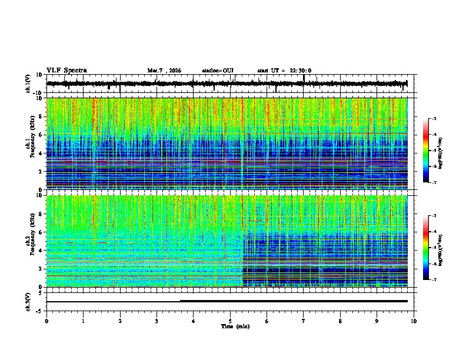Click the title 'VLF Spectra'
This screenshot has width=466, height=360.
pyautogui.click(x=66, y=71)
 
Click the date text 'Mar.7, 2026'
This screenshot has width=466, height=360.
pyautogui.click(x=164, y=71)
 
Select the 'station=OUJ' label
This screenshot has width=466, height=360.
pyautogui.click(x=218, y=71)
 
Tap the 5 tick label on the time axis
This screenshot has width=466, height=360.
pyautogui.click(x=230, y=321)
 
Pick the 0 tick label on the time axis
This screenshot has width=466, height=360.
pyautogui.click(x=46, y=321)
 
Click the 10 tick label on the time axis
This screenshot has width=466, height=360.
pyautogui.click(x=414, y=321)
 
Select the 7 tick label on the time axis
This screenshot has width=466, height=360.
pyautogui.click(x=304, y=321)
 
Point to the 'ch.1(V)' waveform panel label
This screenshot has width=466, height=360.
pyautogui.click(x=29, y=84)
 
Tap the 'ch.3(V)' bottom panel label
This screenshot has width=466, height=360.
pyautogui.click(x=29, y=301)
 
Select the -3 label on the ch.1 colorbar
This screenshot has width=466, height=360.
pyautogui.click(x=433, y=119)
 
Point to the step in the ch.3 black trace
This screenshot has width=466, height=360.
pyautogui.click(x=180, y=301)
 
